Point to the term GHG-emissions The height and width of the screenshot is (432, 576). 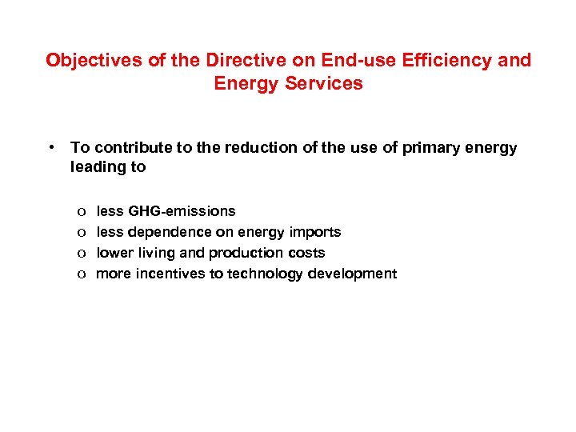point(182,211)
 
